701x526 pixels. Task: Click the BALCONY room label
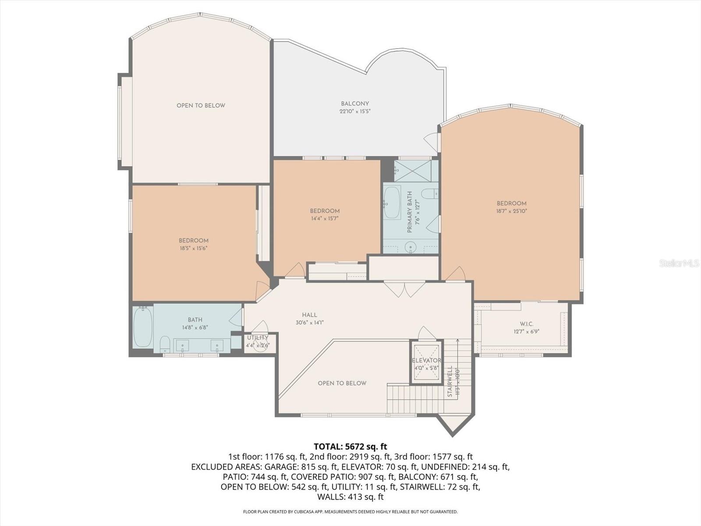[355, 104]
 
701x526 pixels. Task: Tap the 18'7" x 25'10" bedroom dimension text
[511, 211]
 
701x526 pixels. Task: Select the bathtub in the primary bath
[392, 203]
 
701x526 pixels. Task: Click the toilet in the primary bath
[432, 193]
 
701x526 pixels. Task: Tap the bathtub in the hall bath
[143, 327]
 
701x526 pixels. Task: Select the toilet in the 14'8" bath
[165, 344]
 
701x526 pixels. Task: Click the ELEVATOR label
[426, 360]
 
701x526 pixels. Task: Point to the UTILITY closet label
[258, 338]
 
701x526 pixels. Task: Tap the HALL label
[309, 315]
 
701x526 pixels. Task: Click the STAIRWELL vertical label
[450, 381]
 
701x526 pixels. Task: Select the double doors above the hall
[404, 289]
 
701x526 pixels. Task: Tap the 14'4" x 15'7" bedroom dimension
[325, 218]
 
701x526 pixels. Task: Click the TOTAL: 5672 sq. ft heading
[350, 447]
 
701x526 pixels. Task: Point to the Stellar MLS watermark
[679, 263]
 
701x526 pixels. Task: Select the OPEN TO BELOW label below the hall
[342, 383]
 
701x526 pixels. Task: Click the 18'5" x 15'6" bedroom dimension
[193, 248]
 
